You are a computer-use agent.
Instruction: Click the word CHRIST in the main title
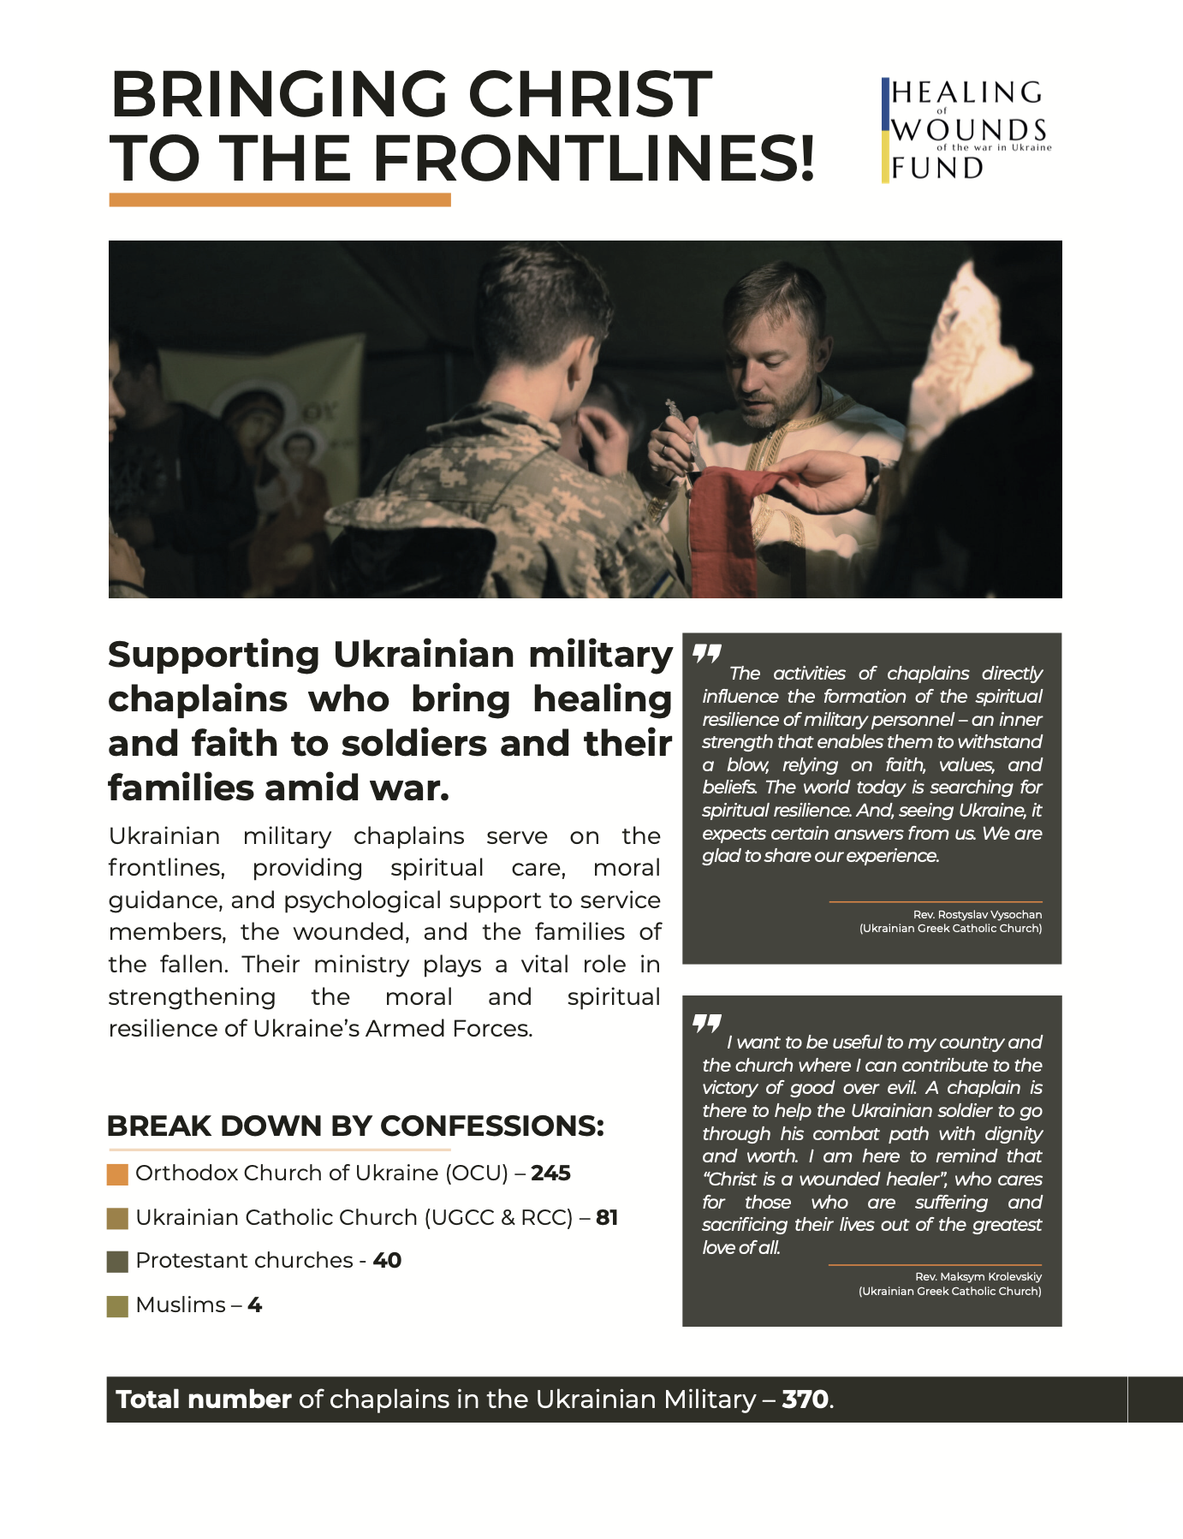tap(590, 94)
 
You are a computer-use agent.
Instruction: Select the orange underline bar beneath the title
tap(280, 199)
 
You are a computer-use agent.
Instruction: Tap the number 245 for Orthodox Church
tap(550, 1173)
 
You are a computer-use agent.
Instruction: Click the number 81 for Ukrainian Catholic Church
tap(607, 1217)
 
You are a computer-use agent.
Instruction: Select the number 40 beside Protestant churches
tap(387, 1261)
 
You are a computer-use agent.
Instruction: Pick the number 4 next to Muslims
tap(254, 1305)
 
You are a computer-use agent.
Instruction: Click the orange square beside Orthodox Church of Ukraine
tap(117, 1174)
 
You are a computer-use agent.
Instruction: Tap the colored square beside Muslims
tap(117, 1306)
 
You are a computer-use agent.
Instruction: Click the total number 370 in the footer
tap(805, 1399)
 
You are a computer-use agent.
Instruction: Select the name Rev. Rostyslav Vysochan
tap(977, 915)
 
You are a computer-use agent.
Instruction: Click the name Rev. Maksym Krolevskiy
tap(978, 1277)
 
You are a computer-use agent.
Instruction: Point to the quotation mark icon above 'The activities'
tap(707, 655)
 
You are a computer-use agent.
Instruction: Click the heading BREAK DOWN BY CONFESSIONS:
tap(355, 1126)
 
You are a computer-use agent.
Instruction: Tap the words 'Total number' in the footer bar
tap(204, 1399)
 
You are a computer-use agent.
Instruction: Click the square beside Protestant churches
tap(117, 1262)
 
